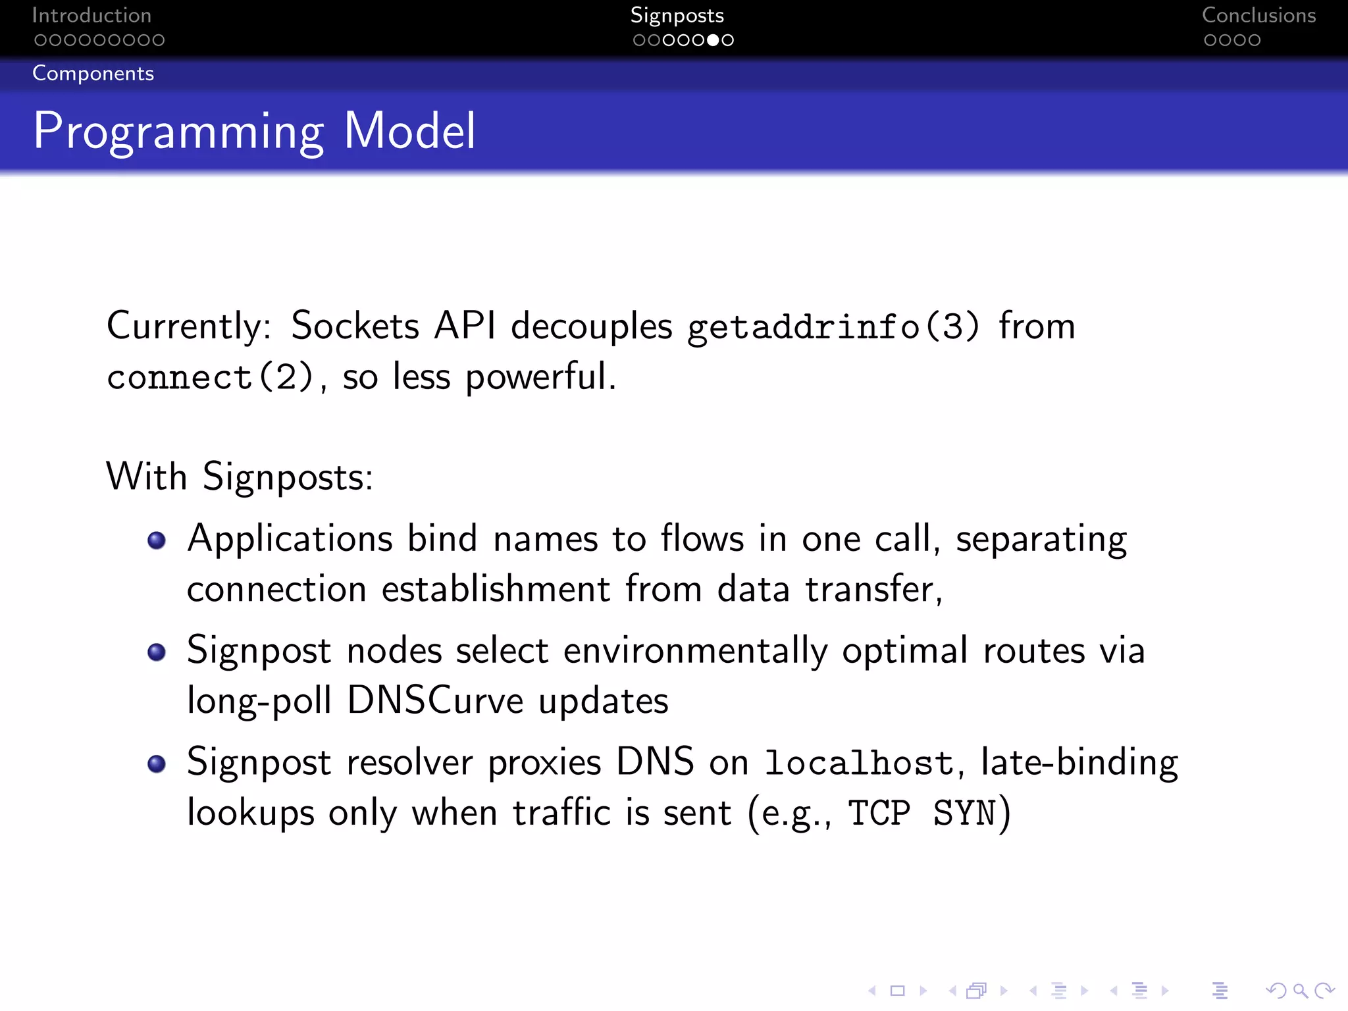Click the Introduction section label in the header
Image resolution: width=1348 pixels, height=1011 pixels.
coord(91,15)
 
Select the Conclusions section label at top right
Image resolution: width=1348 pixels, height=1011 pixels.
coord(1258,15)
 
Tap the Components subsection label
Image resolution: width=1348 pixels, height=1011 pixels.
coord(93,73)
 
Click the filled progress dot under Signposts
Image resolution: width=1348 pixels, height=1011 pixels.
coord(713,40)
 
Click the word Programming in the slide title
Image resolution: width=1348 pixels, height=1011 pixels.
coord(178,131)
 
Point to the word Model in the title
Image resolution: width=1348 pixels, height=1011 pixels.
coord(409,131)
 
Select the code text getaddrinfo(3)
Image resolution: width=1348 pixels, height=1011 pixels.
coord(833,326)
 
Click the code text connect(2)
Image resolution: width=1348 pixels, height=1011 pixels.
coord(210,377)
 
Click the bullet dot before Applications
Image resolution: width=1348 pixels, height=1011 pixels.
coord(157,540)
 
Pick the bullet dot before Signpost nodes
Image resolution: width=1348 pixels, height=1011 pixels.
coord(157,652)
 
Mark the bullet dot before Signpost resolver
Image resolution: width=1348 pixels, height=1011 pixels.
coord(157,764)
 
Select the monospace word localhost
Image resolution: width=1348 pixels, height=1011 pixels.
coord(859,764)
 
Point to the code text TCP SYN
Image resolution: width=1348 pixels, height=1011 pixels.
coord(921,813)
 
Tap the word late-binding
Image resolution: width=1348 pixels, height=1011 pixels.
coord(1079,763)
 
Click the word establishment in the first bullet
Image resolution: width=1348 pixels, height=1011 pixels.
coord(496,588)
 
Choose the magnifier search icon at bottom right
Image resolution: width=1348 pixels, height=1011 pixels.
coord(1300,991)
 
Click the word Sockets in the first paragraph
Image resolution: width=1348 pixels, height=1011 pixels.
coord(355,326)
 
